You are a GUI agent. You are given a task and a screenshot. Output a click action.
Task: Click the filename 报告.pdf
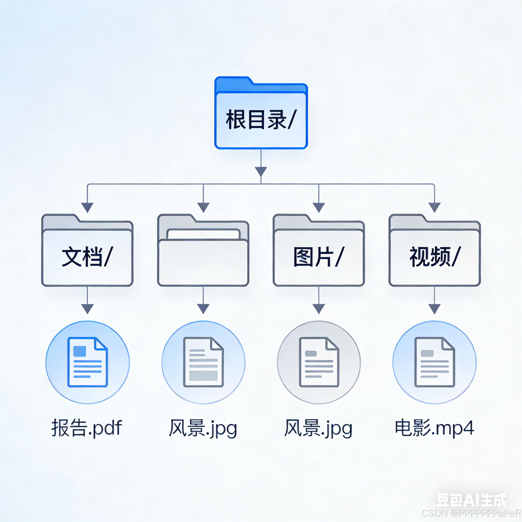click(x=87, y=428)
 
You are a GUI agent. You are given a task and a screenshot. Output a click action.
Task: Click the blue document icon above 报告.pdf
click(x=87, y=362)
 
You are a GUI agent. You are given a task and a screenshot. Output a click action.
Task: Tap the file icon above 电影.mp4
click(x=435, y=362)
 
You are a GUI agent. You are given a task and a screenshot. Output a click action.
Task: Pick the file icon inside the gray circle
click(x=319, y=362)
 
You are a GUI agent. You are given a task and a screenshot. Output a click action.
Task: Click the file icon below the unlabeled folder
click(x=203, y=362)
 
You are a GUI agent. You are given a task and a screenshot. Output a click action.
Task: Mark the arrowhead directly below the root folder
click(x=261, y=171)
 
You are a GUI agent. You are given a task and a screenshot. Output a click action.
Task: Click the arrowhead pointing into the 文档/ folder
click(x=87, y=207)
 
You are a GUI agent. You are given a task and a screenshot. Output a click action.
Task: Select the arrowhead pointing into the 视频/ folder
click(x=435, y=207)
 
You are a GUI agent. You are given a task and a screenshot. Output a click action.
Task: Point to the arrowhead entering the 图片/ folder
click(x=319, y=207)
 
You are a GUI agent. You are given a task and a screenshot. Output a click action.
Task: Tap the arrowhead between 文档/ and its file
click(x=87, y=308)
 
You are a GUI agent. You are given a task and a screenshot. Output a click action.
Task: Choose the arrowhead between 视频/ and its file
click(x=435, y=308)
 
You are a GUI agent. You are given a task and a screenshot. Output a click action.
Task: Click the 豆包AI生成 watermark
click(x=471, y=500)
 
